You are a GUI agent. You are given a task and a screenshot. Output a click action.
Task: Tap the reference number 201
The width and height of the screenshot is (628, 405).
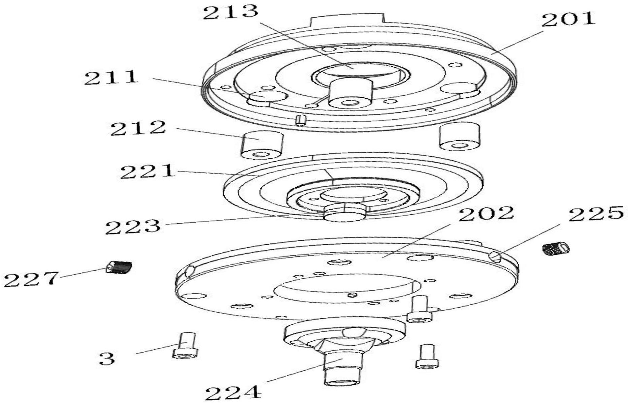point(568,20)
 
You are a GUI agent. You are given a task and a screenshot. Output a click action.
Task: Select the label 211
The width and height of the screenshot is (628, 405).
point(111,77)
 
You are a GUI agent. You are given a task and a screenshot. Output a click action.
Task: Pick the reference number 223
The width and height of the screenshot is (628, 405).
point(133,227)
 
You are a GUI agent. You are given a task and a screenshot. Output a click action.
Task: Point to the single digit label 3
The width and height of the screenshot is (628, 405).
point(107,359)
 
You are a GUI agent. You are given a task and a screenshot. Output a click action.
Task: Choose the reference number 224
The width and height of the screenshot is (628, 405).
point(233,393)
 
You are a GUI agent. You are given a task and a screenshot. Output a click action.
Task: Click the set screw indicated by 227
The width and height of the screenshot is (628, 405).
point(119,267)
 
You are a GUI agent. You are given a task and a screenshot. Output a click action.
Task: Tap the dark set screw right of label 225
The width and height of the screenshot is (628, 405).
point(556,249)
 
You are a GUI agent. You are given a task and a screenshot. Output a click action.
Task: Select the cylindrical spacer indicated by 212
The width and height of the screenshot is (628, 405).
point(261,144)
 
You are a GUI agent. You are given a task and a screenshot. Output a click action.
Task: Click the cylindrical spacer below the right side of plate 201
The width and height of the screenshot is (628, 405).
point(459,136)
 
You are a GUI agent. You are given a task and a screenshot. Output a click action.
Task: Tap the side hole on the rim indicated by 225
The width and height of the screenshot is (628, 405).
point(496,257)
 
